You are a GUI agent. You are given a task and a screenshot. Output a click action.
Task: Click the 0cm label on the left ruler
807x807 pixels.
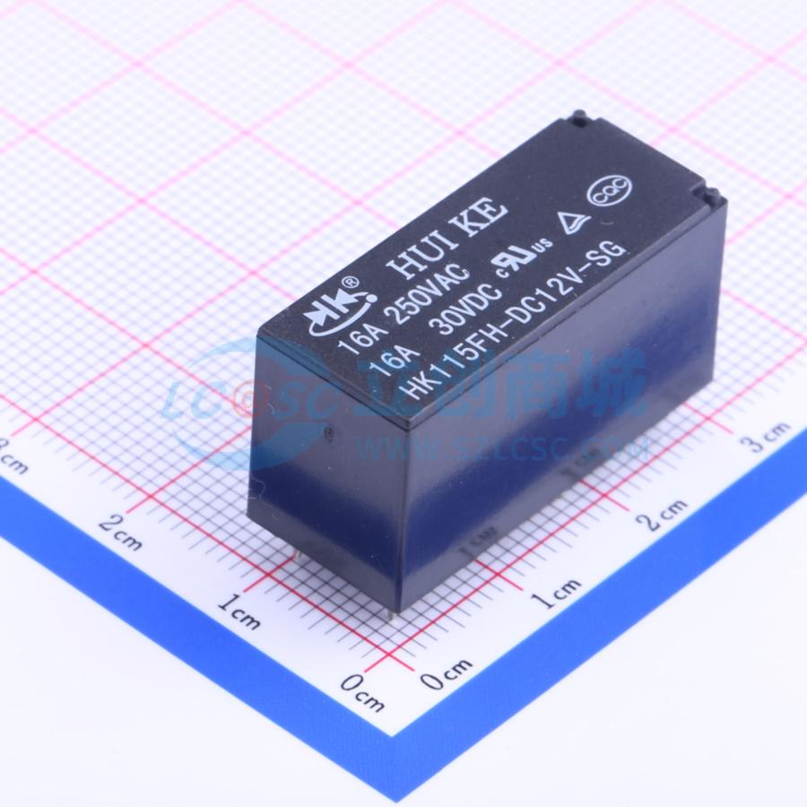(363, 691)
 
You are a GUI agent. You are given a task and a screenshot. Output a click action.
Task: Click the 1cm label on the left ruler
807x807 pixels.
(239, 614)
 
